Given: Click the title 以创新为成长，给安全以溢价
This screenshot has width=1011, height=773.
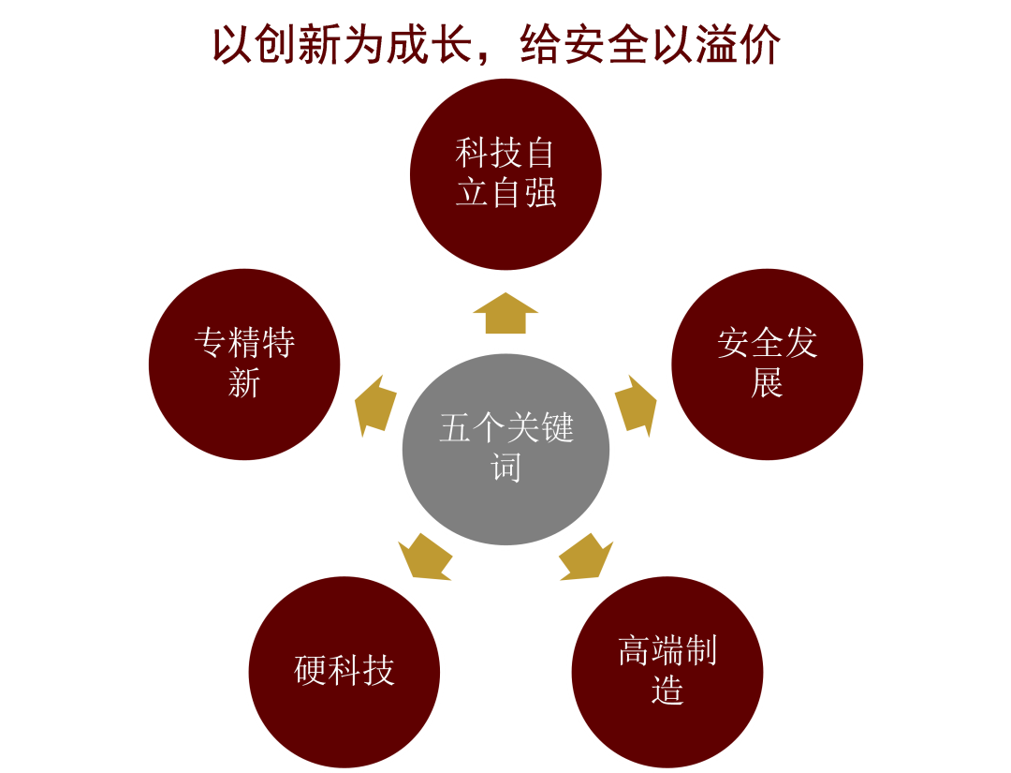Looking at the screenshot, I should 496,45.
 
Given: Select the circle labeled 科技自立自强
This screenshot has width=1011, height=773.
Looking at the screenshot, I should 505,173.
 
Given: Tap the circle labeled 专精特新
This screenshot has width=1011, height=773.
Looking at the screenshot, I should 244,364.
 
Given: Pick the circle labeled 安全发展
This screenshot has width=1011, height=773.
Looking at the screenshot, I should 768,364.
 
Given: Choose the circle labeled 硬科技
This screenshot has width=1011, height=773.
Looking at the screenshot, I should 344,671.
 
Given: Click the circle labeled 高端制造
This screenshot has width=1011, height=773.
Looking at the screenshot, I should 667,671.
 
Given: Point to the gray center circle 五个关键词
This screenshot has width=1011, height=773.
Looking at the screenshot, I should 505,449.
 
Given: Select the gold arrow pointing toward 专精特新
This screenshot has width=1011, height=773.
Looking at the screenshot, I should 374,407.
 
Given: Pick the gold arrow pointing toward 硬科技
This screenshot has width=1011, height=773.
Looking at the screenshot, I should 425,557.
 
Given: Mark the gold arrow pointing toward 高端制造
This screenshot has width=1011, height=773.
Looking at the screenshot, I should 586,557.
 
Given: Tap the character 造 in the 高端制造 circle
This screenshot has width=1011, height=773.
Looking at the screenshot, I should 667,691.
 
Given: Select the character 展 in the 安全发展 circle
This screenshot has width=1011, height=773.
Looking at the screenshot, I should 767,383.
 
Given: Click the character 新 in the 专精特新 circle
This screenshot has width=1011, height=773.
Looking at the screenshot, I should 244,383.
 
